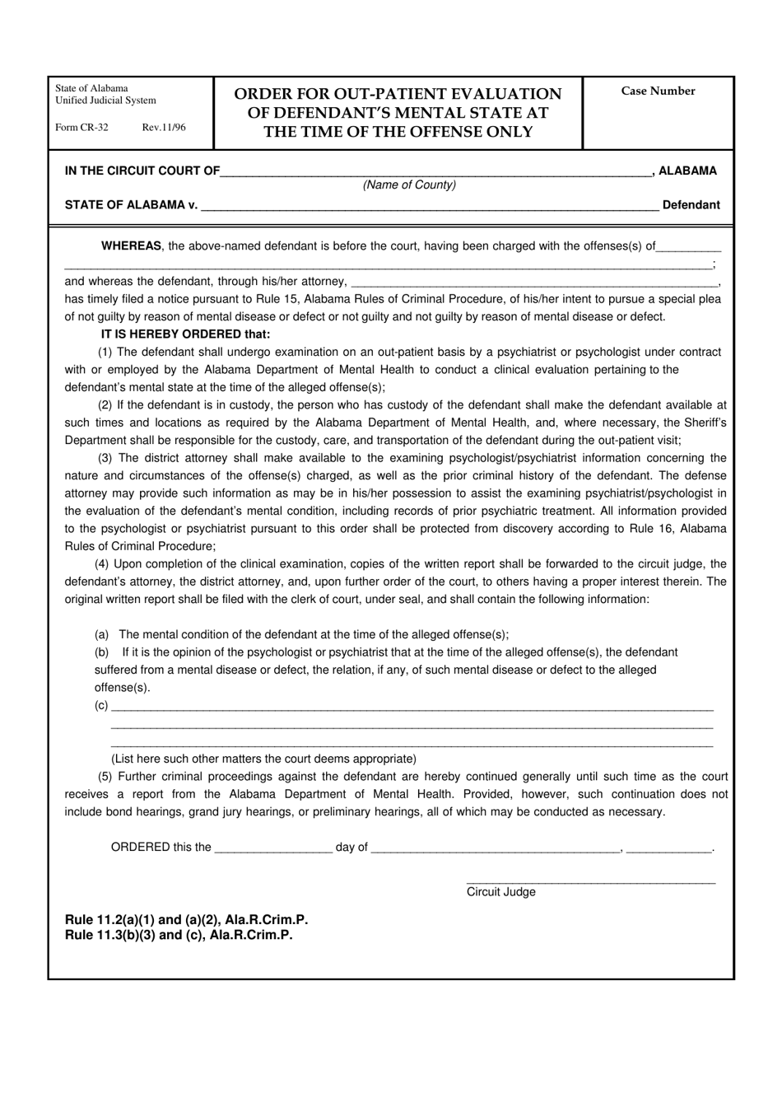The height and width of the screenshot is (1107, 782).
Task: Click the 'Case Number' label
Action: pyautogui.click(x=658, y=91)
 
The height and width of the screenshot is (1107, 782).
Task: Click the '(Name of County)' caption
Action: pyautogui.click(x=409, y=185)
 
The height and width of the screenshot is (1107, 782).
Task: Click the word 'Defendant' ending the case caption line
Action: pyautogui.click(x=691, y=205)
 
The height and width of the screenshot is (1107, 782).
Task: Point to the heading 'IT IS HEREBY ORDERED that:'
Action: pyautogui.click(x=185, y=334)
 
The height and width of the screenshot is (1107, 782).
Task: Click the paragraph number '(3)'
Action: pyautogui.click(x=105, y=458)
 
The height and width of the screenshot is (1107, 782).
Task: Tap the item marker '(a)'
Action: pyautogui.click(x=102, y=635)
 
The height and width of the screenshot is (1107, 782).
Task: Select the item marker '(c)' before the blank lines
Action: pyautogui.click(x=101, y=705)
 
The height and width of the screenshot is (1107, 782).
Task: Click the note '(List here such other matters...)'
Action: pyautogui.click(x=263, y=759)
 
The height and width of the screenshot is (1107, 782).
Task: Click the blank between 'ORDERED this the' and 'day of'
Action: pyautogui.click(x=272, y=849)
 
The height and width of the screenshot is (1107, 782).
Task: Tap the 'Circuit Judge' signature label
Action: pyautogui.click(x=500, y=892)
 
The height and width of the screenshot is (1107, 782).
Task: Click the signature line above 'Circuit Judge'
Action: pyautogui.click(x=590, y=881)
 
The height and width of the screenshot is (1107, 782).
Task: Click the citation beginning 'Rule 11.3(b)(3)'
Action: pyautogui.click(x=179, y=935)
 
